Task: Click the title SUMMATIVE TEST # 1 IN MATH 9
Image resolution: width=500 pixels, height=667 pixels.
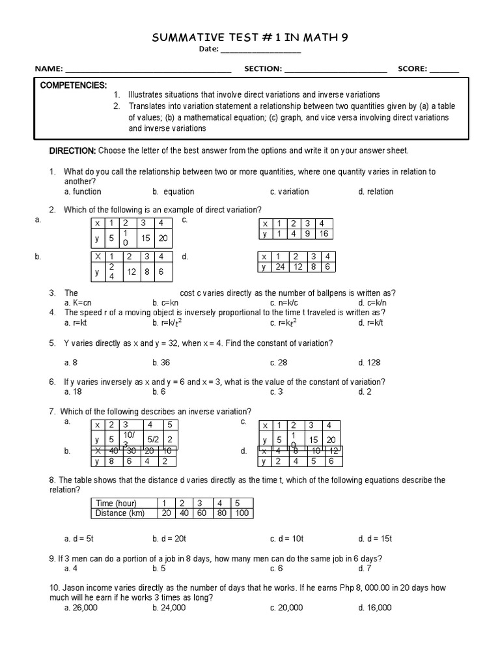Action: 250,38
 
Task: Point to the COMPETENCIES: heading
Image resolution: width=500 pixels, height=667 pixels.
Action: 74,85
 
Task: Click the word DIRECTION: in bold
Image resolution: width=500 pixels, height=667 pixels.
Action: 73,150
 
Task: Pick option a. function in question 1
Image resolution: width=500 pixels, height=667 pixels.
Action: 83,192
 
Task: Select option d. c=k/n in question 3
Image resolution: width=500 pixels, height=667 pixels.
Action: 372,303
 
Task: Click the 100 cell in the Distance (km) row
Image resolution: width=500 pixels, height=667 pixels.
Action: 242,513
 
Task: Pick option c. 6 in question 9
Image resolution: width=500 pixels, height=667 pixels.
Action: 277,568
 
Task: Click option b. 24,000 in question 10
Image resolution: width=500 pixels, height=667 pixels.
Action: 169,608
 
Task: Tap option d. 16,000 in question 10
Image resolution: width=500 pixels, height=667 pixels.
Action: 374,608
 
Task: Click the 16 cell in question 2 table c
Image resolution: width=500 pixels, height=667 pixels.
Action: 324,234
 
